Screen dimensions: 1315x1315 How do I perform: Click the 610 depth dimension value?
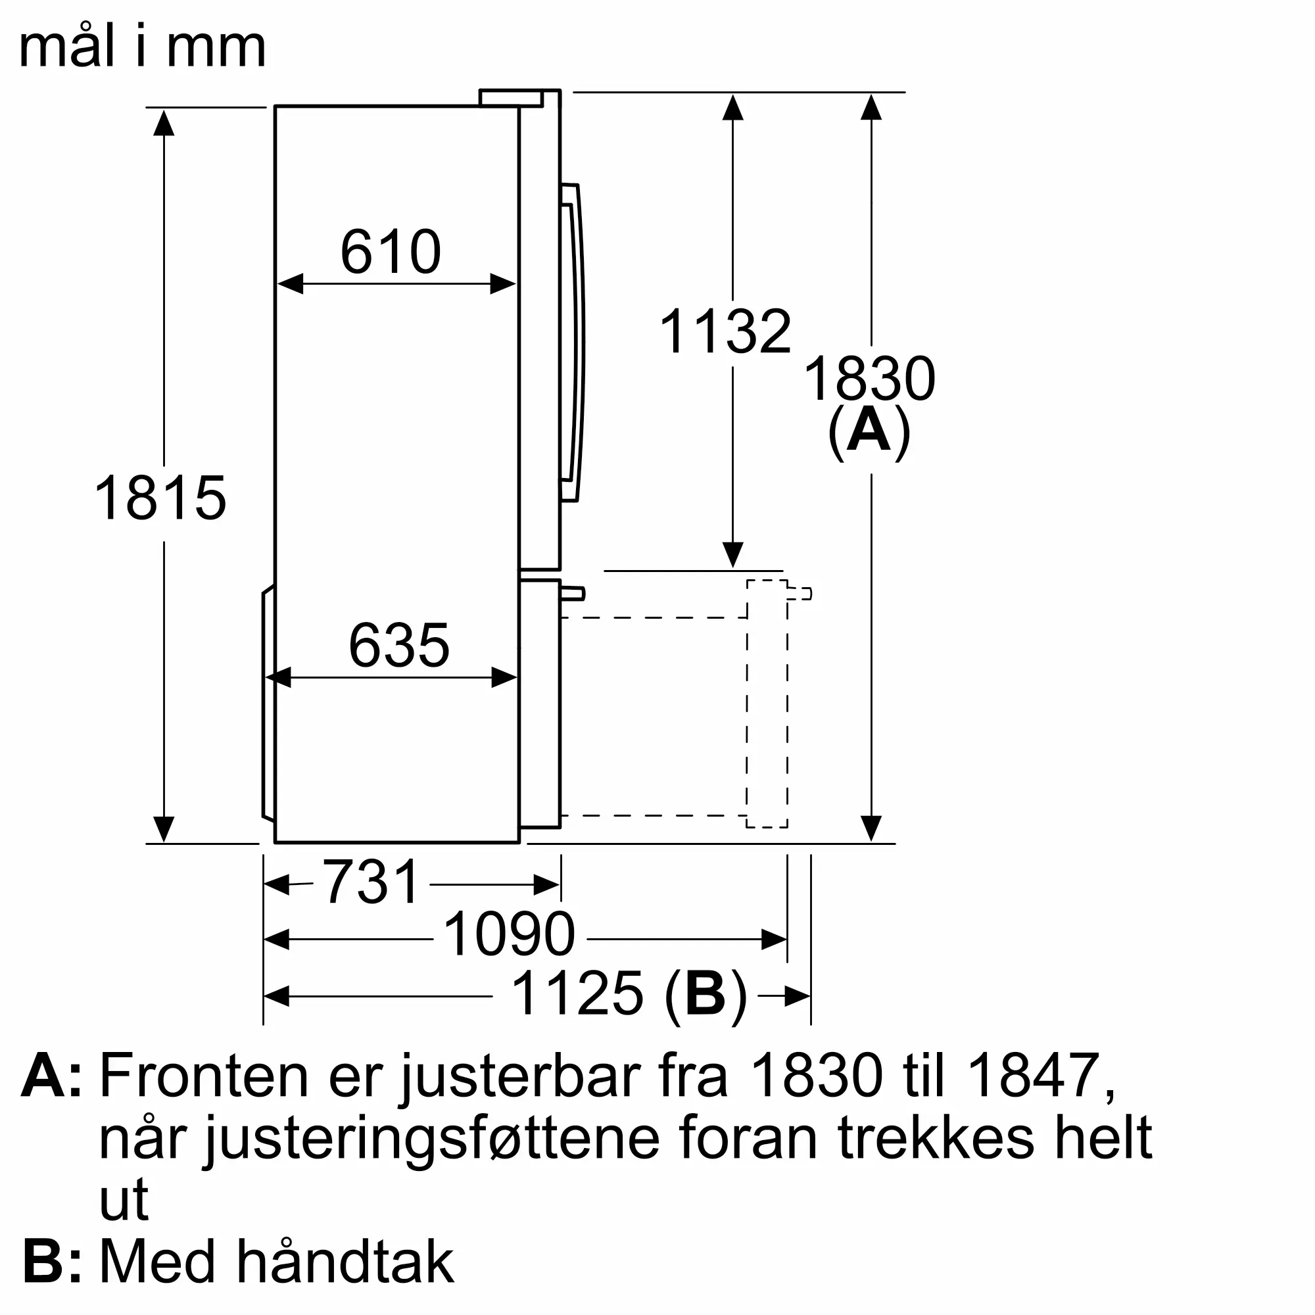click(391, 252)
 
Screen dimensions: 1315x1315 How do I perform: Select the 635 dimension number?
click(399, 645)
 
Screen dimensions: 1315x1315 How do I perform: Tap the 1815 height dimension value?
click(160, 498)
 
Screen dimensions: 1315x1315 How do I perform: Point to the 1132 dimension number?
click(726, 332)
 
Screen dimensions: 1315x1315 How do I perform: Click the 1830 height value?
click(869, 379)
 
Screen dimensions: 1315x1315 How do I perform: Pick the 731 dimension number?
click(371, 883)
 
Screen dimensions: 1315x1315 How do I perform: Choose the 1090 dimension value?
click(509, 935)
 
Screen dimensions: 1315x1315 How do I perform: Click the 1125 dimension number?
click(577, 993)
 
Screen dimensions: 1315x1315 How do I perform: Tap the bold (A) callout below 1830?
click(869, 431)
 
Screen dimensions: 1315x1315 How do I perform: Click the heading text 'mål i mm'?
click(142, 47)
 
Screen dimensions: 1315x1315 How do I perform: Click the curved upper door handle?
click(574, 341)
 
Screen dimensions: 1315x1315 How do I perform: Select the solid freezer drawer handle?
click(572, 594)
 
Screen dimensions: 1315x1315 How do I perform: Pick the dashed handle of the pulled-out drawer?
click(799, 594)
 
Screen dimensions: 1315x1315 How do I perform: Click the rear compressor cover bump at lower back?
click(269, 704)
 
